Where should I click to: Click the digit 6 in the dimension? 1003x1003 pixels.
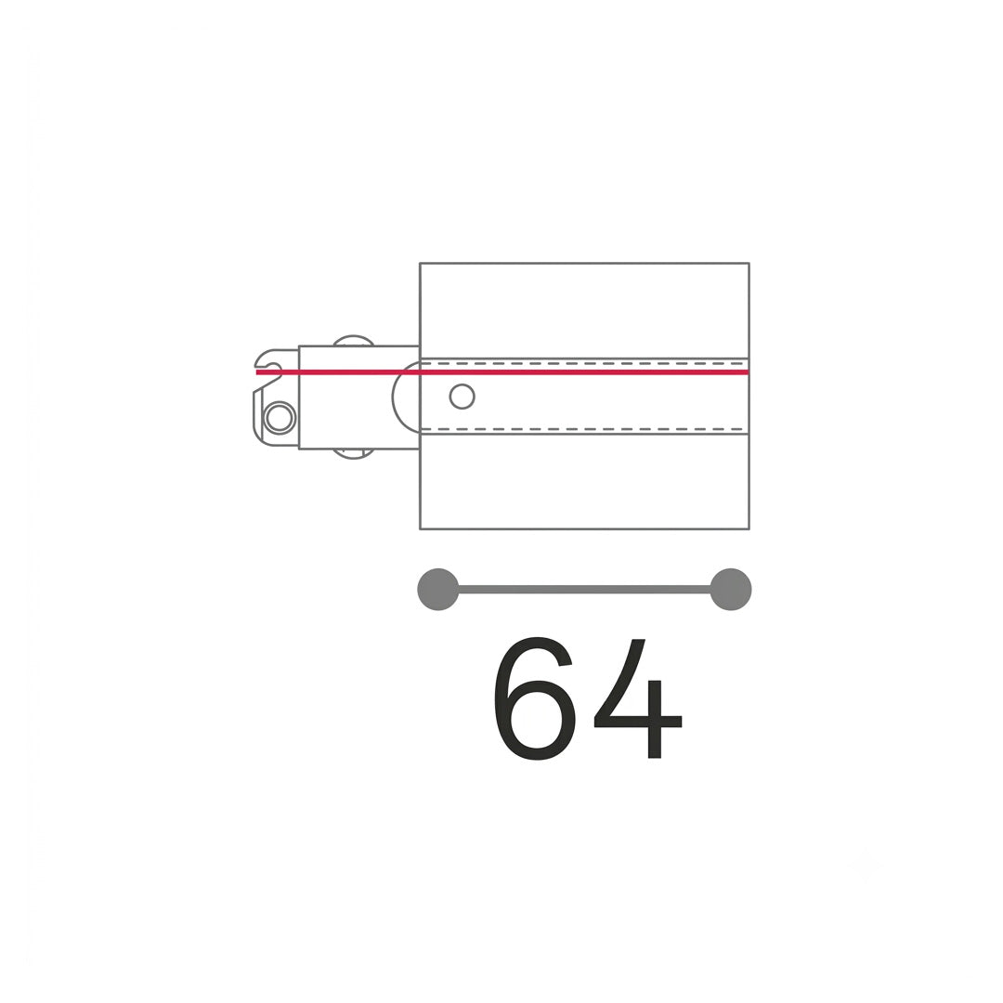pyautogui.click(x=536, y=699)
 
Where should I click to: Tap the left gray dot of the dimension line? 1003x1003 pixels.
pyautogui.click(x=438, y=589)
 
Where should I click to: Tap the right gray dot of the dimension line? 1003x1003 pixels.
pyautogui.click(x=731, y=589)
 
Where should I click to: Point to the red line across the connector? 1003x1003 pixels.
pyautogui.click(x=502, y=371)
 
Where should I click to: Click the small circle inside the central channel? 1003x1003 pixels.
pyautogui.click(x=462, y=397)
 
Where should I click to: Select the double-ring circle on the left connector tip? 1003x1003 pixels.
pyautogui.click(x=280, y=418)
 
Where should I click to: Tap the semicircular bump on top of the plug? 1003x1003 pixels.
pyautogui.click(x=354, y=340)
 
